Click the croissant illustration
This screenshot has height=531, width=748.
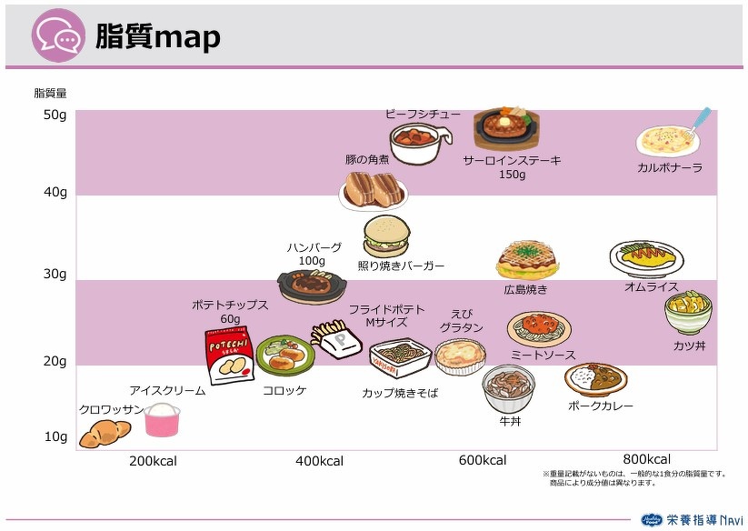point(105,433)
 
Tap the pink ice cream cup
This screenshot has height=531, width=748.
point(162,420)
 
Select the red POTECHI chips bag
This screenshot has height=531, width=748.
point(229,355)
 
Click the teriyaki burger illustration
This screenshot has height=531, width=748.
point(386,236)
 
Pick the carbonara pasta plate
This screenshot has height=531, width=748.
point(668,141)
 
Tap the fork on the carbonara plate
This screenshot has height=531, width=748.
point(698,122)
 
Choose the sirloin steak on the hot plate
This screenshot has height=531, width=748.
point(506,128)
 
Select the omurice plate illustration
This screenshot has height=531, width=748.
point(646,259)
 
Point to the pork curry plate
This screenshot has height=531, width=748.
point(596,379)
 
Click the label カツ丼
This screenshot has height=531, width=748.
point(689,346)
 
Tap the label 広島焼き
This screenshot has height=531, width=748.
point(525,289)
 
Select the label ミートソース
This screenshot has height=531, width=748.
point(543,355)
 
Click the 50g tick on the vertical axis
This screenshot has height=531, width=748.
point(55,115)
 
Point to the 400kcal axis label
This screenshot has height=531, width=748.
point(319,461)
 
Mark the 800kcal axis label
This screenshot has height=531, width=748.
point(647,459)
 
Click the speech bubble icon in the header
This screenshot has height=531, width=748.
point(59,35)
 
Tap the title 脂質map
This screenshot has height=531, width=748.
point(158,36)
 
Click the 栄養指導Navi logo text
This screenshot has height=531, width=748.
point(704,519)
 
